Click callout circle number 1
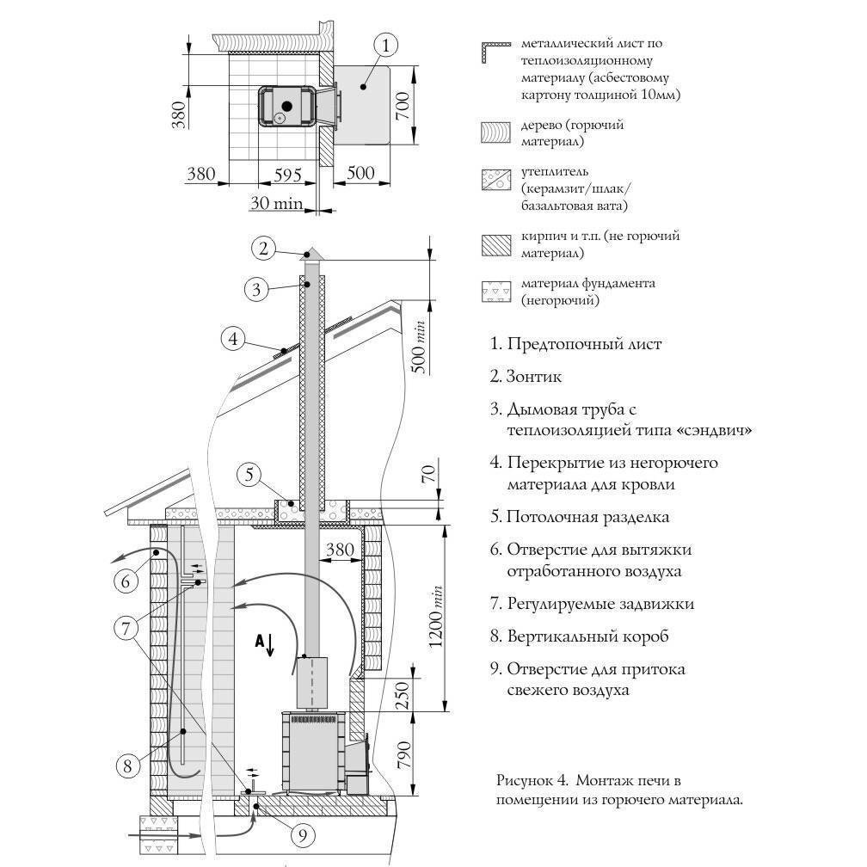[386, 46]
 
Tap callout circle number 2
[264, 249]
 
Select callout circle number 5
[248, 474]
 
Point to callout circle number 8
[127, 765]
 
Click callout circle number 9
[301, 834]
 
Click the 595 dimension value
[280, 175]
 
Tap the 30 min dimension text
[277, 204]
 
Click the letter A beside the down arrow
[258, 641]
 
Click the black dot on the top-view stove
[286, 105]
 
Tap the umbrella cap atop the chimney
[311, 255]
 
